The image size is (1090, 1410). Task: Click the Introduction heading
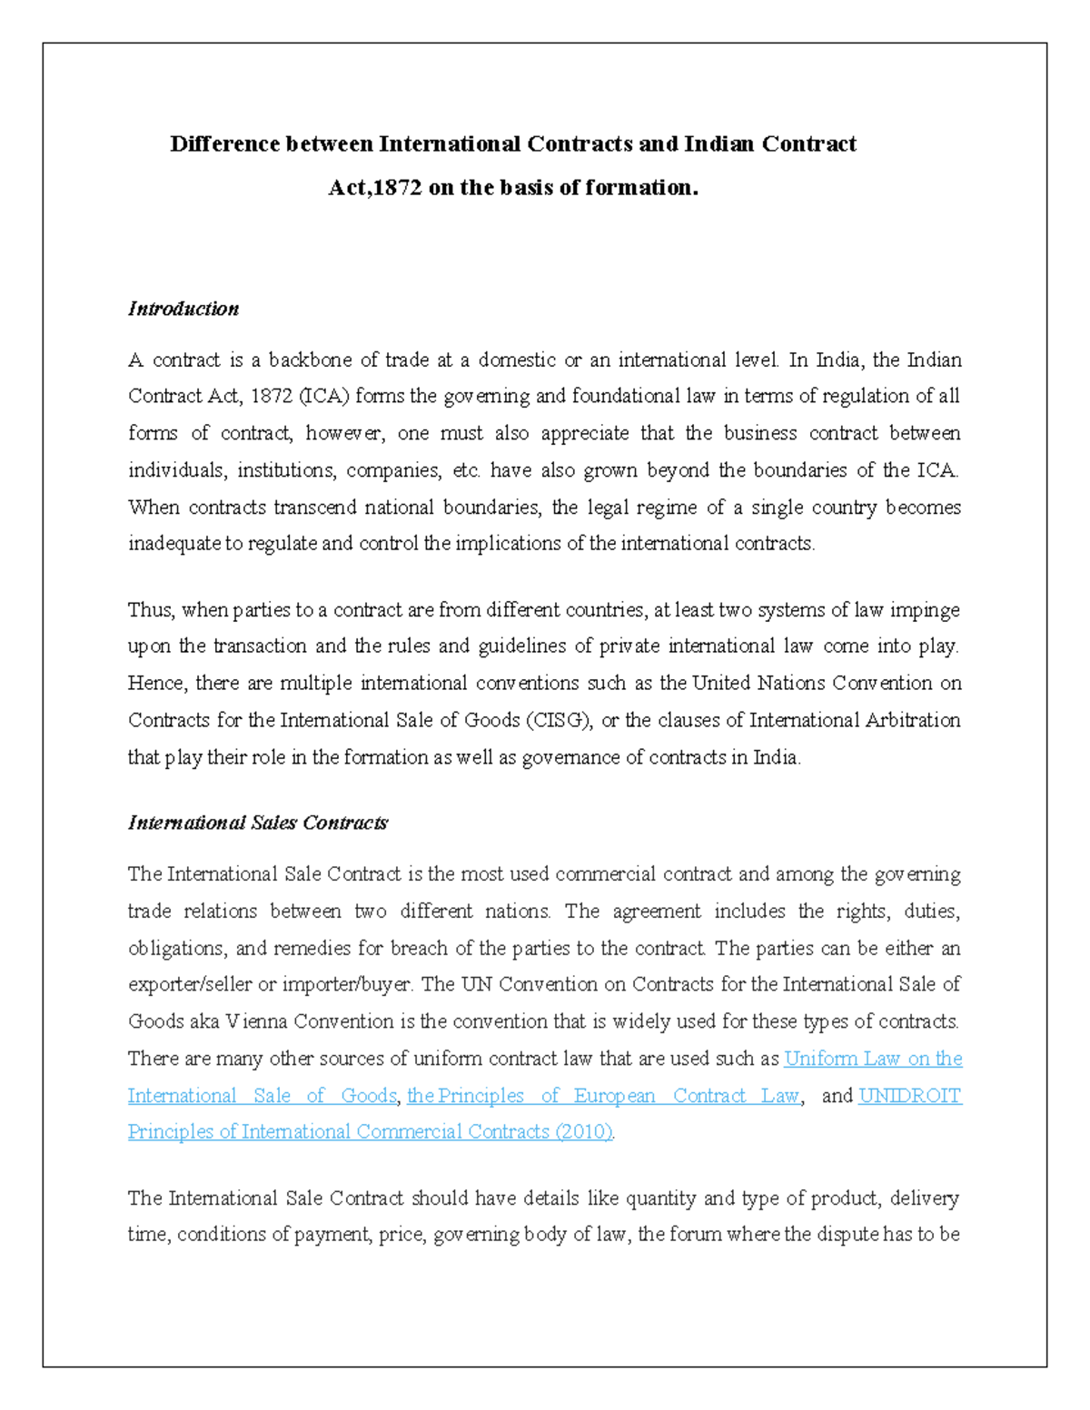point(183,309)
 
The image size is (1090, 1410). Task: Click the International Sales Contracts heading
point(257,823)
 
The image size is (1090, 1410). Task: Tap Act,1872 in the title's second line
point(374,188)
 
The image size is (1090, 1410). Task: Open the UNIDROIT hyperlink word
point(909,1096)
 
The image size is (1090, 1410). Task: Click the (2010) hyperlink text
point(583,1132)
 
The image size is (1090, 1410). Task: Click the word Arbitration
point(912,720)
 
